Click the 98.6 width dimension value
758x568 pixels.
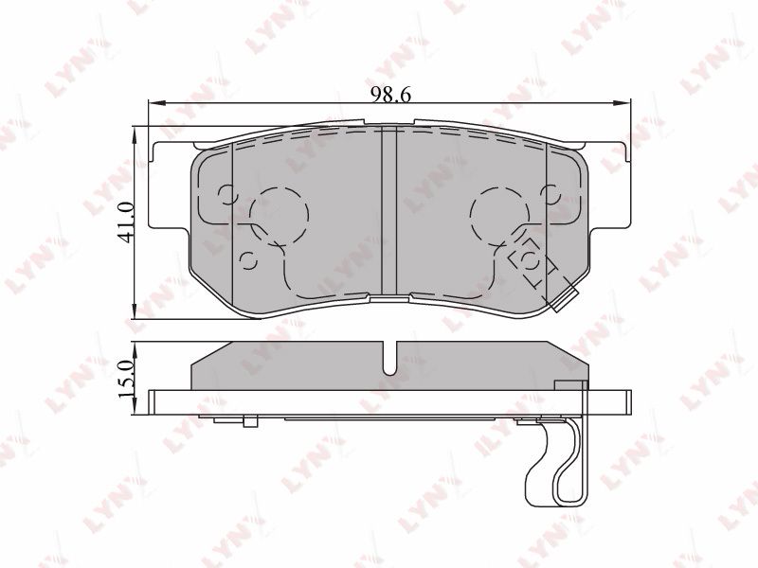point(390,95)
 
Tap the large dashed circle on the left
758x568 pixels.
point(279,215)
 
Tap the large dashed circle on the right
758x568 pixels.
point(499,215)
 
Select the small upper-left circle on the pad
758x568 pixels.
point(226,196)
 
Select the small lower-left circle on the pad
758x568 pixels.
point(248,261)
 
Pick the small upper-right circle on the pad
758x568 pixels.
point(551,196)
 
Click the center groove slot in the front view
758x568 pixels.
point(389,211)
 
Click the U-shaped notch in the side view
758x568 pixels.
point(389,359)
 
